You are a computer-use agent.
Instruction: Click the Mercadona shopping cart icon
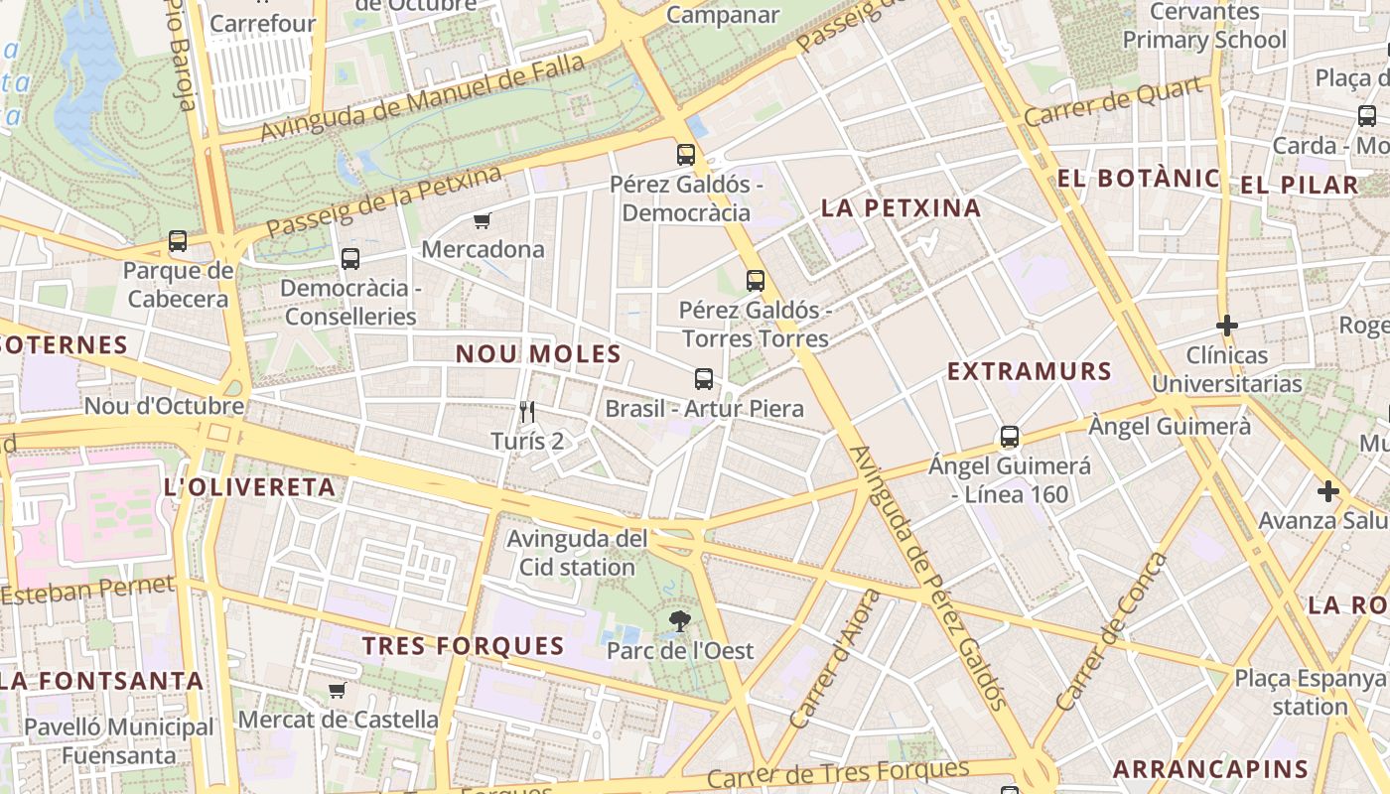(x=483, y=220)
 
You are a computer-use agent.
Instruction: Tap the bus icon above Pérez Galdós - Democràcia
(x=686, y=155)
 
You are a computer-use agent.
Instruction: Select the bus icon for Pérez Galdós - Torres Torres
(x=756, y=281)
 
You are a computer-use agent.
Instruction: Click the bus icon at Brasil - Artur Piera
(x=704, y=379)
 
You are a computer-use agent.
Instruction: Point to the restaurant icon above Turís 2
(x=527, y=411)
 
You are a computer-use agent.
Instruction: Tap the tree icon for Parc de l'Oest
(x=680, y=622)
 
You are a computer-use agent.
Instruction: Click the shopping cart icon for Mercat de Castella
(x=338, y=690)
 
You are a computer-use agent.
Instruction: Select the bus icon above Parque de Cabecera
(x=178, y=241)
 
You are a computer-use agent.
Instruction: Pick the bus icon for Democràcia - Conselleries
(x=349, y=259)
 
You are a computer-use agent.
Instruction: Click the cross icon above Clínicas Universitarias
(x=1227, y=326)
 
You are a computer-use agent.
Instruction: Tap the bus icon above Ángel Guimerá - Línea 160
(x=1010, y=437)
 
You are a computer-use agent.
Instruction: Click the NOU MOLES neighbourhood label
(x=538, y=354)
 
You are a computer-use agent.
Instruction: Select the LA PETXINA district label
(x=902, y=208)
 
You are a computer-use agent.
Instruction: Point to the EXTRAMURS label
(x=1029, y=372)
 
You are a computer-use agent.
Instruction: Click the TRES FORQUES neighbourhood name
(x=463, y=647)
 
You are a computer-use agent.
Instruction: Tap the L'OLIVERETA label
(x=249, y=488)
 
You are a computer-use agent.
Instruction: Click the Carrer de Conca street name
(x=1113, y=631)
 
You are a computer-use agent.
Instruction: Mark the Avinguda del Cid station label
(x=571, y=554)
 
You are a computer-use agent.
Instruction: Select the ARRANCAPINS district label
(x=1210, y=769)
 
